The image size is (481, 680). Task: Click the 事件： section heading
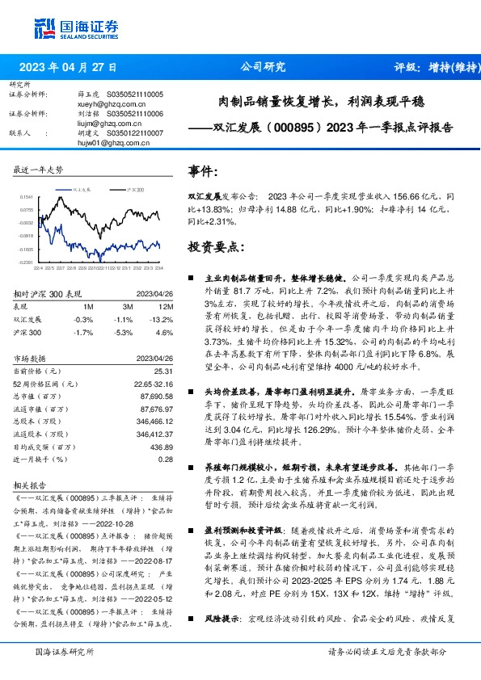pos(204,172)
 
